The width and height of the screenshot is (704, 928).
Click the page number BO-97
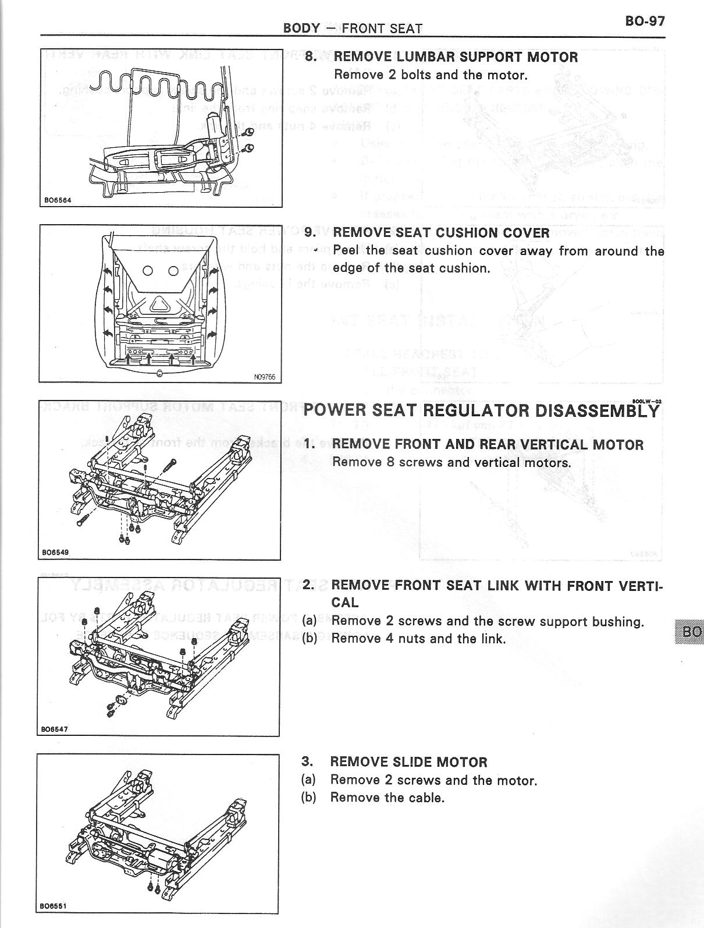645,21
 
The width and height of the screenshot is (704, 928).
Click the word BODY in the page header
301,28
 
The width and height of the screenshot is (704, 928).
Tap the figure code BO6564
57,200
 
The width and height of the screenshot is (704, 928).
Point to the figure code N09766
264,377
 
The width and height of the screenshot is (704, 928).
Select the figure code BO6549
55,552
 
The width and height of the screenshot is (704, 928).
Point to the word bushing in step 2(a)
617,621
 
